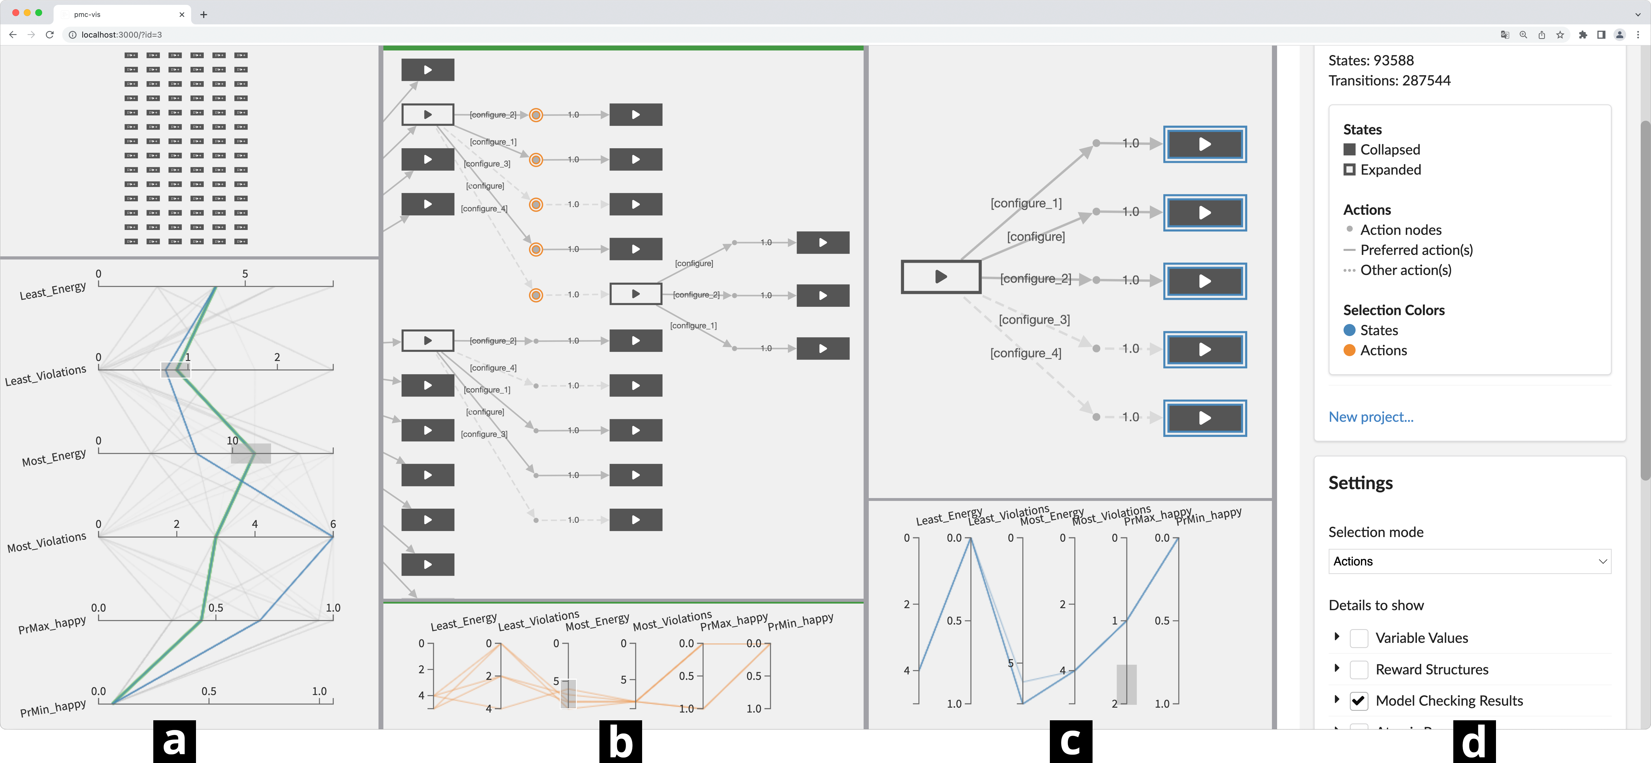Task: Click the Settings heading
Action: (1360, 483)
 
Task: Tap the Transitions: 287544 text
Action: (1389, 80)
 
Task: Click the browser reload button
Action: (49, 35)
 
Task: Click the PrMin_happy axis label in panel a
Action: (52, 708)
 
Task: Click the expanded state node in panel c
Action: (940, 277)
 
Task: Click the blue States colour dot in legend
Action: (1349, 330)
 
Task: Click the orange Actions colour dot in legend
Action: (1349, 350)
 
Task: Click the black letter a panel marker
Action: (174, 742)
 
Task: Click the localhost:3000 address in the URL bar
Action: (122, 35)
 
